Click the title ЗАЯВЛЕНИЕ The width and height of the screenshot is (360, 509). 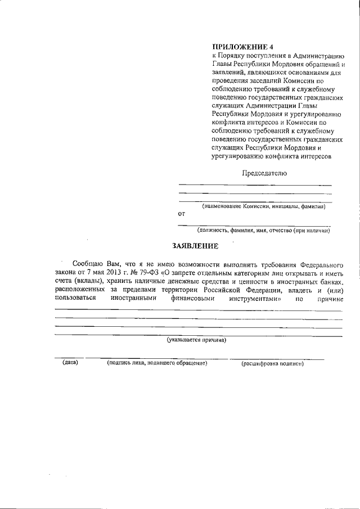194,246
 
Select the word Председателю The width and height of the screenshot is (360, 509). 264,173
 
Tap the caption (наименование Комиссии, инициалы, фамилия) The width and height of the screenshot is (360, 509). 264,206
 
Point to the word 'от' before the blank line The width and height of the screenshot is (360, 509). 181,214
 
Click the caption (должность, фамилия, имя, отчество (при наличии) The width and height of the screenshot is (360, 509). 263,231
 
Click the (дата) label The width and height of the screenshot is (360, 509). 70,363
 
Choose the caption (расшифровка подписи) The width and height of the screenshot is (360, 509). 273,364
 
